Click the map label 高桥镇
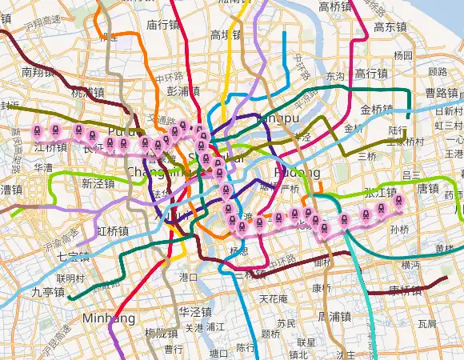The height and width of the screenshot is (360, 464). coord(335,7)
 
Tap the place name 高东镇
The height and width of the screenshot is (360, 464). coord(390,26)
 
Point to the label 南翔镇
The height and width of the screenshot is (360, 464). coord(38,72)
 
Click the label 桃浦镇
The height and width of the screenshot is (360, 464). coord(87,93)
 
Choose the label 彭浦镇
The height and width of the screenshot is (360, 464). coord(183,91)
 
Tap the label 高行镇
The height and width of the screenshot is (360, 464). coord(371,74)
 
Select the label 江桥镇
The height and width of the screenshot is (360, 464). coord(50,148)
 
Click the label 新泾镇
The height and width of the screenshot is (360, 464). coord(98,183)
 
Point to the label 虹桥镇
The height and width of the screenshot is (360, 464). coord(113,230)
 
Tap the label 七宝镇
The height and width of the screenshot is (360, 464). coord(74,256)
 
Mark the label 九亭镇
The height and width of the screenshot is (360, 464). coord(47,292)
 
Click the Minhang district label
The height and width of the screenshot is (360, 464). coord(108,318)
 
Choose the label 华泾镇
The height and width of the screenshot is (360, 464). coord(194,311)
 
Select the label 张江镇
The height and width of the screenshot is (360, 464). coord(380,192)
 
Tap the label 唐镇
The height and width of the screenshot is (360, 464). coord(429,189)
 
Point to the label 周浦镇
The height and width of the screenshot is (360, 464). coord(334,317)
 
